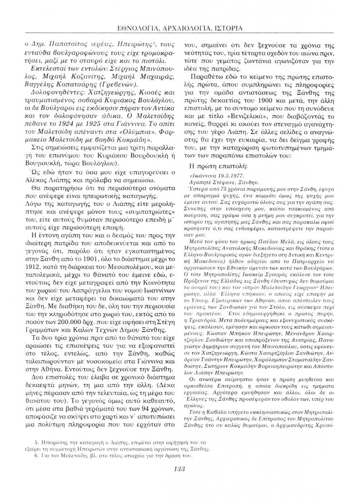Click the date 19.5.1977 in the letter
click(x=226, y=174)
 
